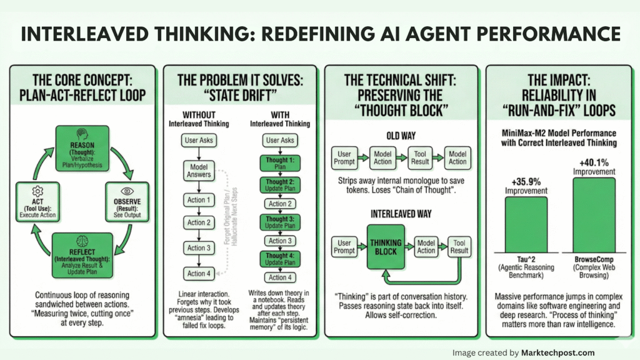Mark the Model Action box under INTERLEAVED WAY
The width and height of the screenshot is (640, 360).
(426, 247)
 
